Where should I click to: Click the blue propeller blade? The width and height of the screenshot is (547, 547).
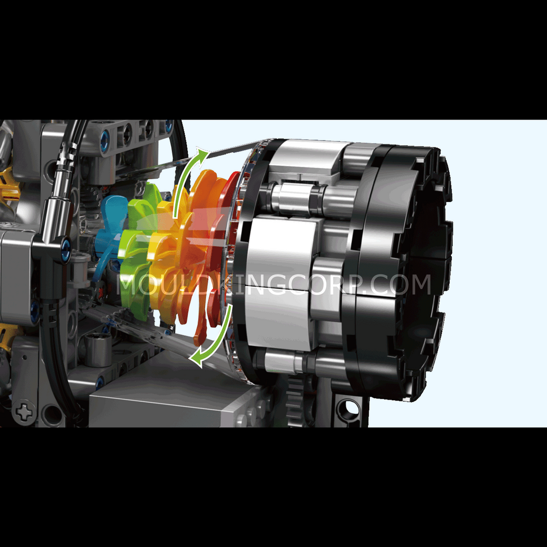(x=110, y=230)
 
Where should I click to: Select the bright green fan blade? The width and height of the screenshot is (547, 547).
(x=138, y=244)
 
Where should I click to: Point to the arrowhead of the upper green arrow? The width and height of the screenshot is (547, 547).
(x=202, y=153)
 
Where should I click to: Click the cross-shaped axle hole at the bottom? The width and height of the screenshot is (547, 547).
(x=24, y=413)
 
